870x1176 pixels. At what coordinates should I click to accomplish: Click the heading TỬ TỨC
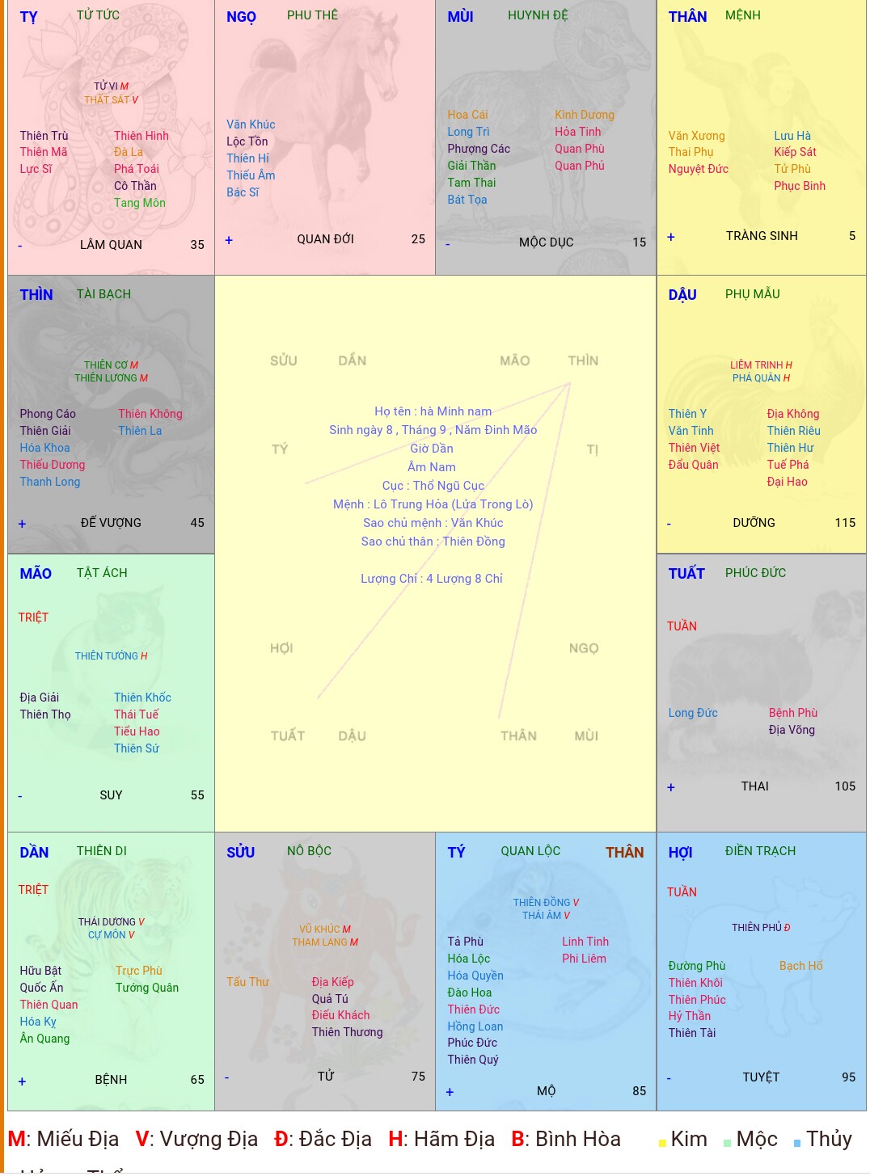[98, 15]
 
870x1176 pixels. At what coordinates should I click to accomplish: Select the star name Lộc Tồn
[247, 141]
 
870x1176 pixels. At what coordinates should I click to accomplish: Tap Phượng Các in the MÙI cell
[479, 149]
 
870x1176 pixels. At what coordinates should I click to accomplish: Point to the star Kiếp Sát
[795, 152]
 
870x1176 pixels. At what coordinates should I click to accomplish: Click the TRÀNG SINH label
[762, 236]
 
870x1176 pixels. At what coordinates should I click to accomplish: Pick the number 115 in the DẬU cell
[845, 523]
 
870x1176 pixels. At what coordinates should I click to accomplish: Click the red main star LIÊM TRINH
[757, 365]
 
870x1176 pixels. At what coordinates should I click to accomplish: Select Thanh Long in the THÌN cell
[50, 482]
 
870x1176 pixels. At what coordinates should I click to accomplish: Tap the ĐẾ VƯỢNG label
[111, 523]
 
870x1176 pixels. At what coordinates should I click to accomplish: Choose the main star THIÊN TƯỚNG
[107, 656]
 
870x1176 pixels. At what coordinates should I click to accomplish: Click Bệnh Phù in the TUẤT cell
[793, 713]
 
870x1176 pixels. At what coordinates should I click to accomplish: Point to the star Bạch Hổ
[800, 966]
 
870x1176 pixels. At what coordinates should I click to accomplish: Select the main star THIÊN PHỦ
[757, 928]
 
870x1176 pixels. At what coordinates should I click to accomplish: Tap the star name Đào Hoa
[470, 993]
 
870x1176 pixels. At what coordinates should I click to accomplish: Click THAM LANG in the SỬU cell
[320, 942]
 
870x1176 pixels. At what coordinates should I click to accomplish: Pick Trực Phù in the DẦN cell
[139, 971]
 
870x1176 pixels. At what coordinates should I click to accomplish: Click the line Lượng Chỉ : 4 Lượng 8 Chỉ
[432, 579]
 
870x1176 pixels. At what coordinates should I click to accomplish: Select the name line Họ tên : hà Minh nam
[433, 411]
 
